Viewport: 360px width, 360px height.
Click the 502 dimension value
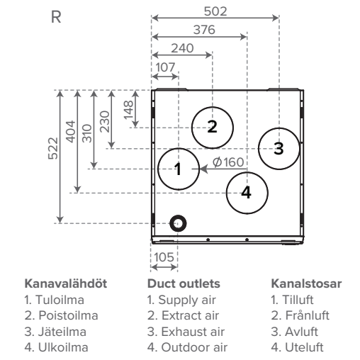(215, 11)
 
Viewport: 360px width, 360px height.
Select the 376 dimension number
(204, 30)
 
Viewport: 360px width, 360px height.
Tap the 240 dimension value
(182, 48)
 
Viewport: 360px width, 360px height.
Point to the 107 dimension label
(165, 67)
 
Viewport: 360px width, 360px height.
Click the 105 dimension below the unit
(164, 257)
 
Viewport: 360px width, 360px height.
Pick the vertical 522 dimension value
(53, 148)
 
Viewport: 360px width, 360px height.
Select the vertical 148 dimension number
(129, 110)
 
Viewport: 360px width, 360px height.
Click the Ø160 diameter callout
(228, 162)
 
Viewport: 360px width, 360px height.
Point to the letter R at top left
(56, 17)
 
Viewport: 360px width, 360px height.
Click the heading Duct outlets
(184, 283)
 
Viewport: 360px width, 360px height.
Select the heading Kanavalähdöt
(66, 283)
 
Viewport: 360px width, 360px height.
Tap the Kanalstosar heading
(306, 283)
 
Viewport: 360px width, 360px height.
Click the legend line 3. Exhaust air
(186, 332)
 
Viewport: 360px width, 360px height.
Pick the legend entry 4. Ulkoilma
(56, 347)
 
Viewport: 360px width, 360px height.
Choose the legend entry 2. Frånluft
(300, 315)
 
